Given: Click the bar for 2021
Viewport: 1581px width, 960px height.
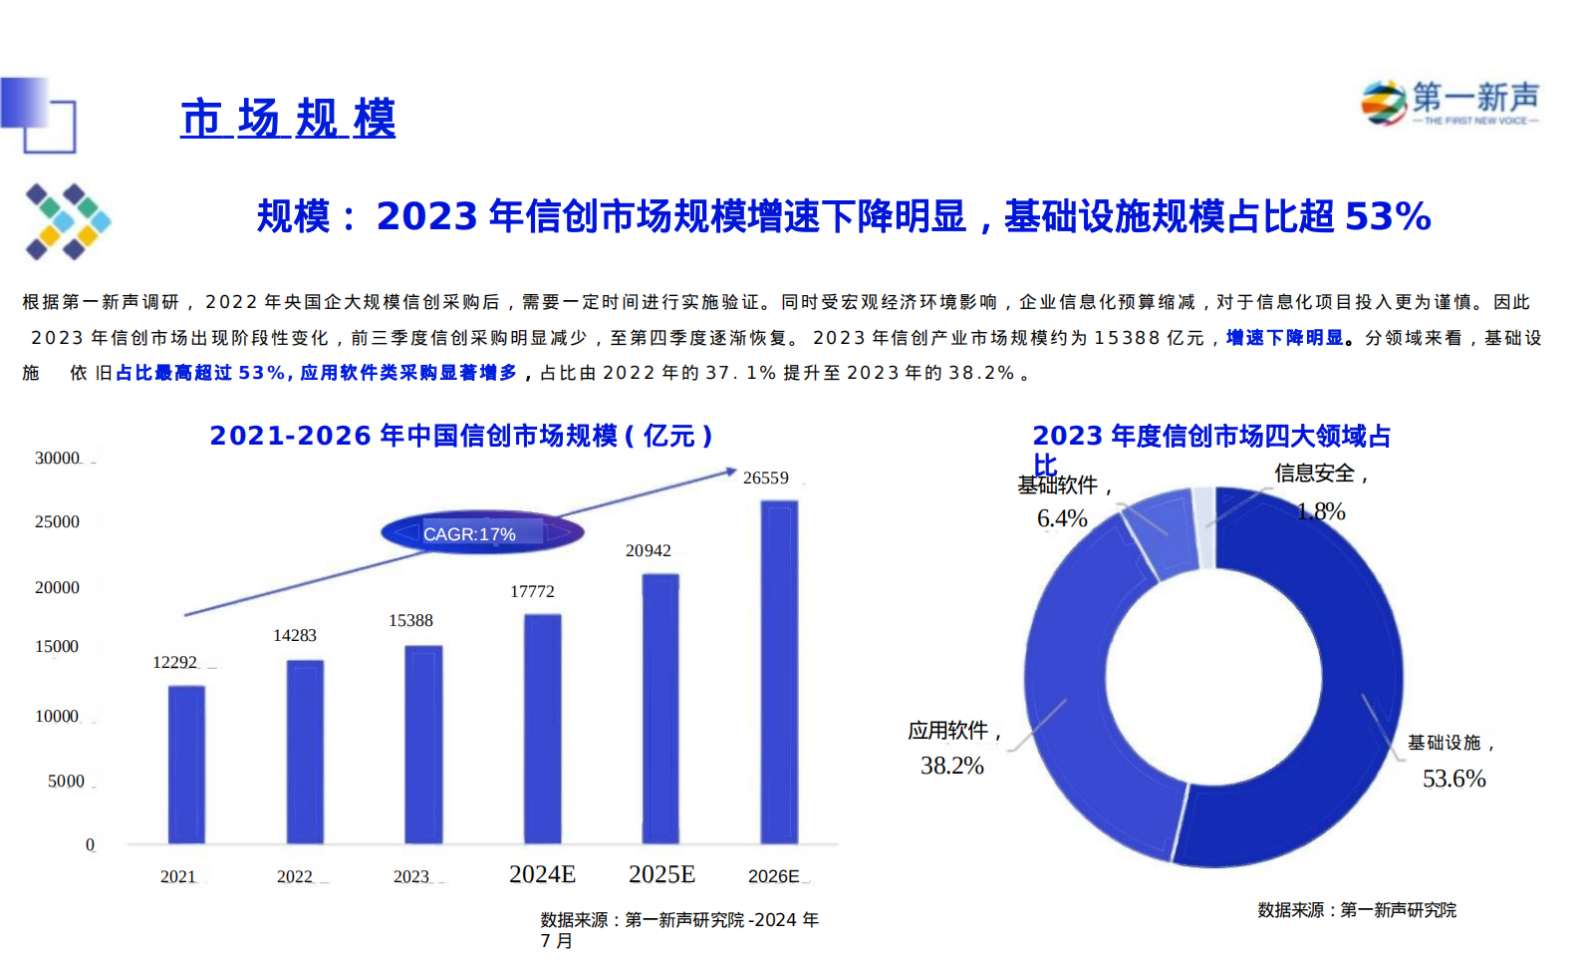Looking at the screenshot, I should pos(186,765).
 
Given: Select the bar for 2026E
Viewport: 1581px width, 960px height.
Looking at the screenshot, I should pos(779,672).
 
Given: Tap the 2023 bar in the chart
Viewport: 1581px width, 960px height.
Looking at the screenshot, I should pos(423,745).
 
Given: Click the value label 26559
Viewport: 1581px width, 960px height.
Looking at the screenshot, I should pos(765,479).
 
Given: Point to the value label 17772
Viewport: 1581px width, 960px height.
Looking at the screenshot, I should pos(532,592).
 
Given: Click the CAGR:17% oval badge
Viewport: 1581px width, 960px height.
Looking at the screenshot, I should pos(481,533).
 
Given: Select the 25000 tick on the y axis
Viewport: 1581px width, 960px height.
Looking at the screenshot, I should pos(57,522).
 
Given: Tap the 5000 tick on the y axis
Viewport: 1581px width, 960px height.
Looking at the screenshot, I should pos(66,782).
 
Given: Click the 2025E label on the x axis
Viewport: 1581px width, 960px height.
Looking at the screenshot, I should pos(661,874).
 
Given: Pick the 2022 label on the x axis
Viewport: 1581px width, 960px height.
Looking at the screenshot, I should pos(295,877).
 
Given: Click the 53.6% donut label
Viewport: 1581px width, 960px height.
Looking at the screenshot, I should pos(1453,779).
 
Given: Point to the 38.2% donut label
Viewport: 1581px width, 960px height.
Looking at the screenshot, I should pos(951,766).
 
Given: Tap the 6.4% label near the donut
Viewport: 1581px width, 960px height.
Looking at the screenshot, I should pos(1062,518).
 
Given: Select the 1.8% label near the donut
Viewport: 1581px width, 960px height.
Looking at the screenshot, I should pos(1320,511).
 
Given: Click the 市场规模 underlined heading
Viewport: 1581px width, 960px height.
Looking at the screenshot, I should pos(288,119).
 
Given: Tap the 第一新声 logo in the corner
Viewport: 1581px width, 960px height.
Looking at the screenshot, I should pos(1449,103).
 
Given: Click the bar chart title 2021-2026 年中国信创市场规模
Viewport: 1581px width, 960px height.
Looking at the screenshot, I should pos(460,436).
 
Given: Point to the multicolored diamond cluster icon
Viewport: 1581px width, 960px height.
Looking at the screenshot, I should pos(68,221).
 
